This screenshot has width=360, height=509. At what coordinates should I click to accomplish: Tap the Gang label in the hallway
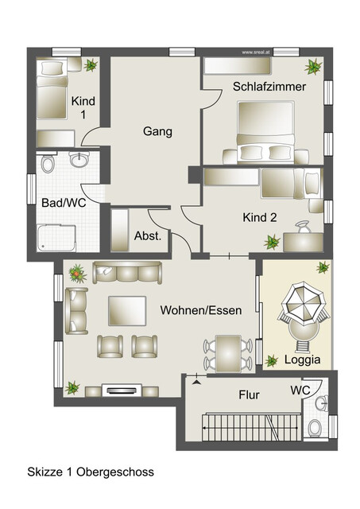coord(158,131)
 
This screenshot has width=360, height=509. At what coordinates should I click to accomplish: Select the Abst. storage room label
coord(149,235)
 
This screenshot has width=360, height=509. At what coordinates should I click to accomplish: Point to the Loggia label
coord(303,359)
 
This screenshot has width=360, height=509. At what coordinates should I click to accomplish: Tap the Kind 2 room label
coord(259,216)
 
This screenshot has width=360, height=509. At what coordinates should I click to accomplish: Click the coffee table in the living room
coord(127,310)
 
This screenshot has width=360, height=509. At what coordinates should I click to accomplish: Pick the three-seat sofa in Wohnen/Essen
coord(127,273)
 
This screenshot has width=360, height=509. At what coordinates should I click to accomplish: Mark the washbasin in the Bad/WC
coord(79,161)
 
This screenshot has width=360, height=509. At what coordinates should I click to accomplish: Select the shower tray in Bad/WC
coord(57,238)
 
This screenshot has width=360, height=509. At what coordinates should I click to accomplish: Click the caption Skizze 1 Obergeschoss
coord(90,472)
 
